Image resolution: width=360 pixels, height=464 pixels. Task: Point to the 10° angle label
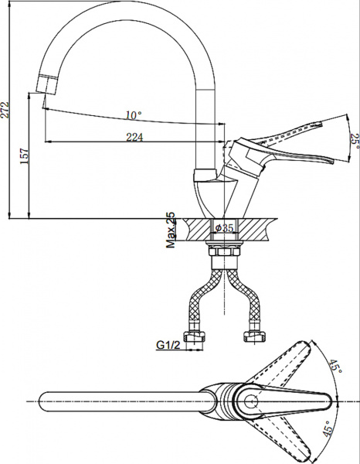click(133, 115)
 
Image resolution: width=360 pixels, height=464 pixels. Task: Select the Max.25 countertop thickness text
click(171, 231)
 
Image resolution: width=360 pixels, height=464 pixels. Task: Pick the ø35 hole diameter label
click(224, 227)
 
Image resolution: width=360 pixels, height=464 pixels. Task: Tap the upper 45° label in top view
click(335, 367)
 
